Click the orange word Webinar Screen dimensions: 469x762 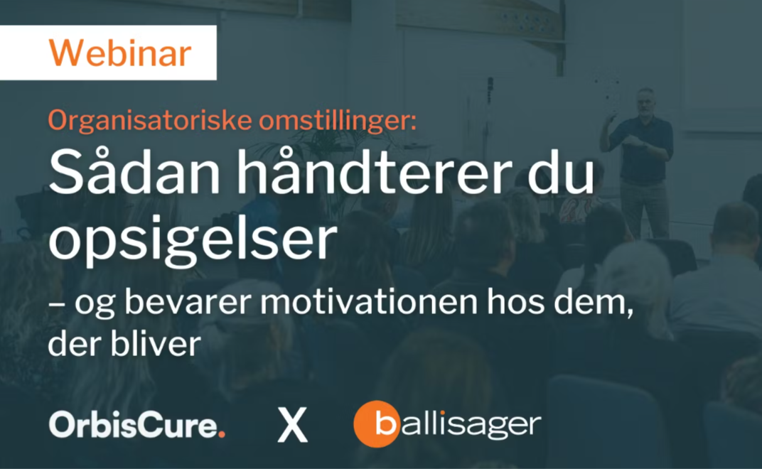click(119, 54)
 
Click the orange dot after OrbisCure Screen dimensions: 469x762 click(222, 433)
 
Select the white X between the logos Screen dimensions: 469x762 click(292, 426)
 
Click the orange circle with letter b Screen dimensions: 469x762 click(377, 424)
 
